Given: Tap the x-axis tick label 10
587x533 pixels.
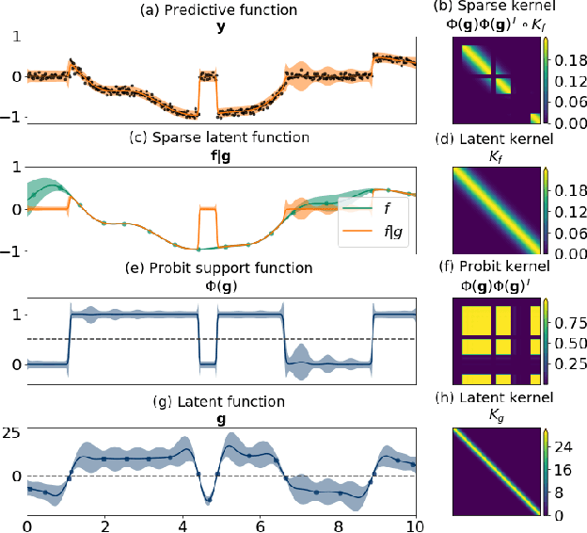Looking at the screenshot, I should [x=412, y=524].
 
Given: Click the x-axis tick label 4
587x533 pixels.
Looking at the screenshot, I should [x=181, y=524].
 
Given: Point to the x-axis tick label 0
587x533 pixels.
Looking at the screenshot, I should [x=27, y=524].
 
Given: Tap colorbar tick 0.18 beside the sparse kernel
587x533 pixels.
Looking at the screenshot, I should [x=568, y=57].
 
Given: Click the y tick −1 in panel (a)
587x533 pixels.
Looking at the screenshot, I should [x=13, y=116].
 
